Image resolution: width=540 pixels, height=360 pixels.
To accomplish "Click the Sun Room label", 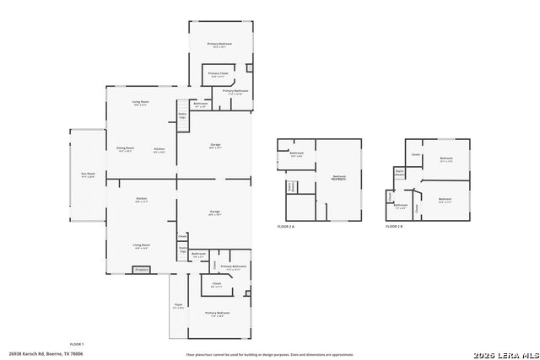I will pyautogui.click(x=88, y=175).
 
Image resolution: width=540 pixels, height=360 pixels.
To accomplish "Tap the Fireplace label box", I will pyautogui.click(x=141, y=270).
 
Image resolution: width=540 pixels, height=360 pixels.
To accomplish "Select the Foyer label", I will pyautogui.click(x=178, y=305).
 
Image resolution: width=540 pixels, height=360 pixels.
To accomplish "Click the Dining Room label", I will pyautogui.click(x=125, y=149).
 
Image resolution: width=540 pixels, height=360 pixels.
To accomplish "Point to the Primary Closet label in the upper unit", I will pyautogui.click(x=218, y=74).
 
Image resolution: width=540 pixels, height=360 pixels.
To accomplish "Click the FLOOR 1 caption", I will pyautogui.click(x=76, y=344).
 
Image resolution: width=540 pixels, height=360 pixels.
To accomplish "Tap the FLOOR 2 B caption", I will pyautogui.click(x=394, y=227).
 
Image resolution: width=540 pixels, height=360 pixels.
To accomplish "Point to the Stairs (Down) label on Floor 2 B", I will pyautogui.click(x=400, y=173).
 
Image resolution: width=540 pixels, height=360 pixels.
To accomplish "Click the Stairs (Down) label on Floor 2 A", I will pyautogui.click(x=291, y=187).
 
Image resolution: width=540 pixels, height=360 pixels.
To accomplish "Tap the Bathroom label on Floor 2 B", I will pyautogui.click(x=401, y=206).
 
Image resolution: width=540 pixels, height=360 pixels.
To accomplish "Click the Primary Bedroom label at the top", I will pyautogui.click(x=219, y=44).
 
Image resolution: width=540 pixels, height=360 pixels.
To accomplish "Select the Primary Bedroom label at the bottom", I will pyautogui.click(x=217, y=314).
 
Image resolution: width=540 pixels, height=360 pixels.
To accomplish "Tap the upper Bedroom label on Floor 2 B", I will pyautogui.click(x=446, y=159).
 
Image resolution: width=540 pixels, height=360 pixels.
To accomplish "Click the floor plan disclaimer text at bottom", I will pyautogui.click(x=270, y=355).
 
